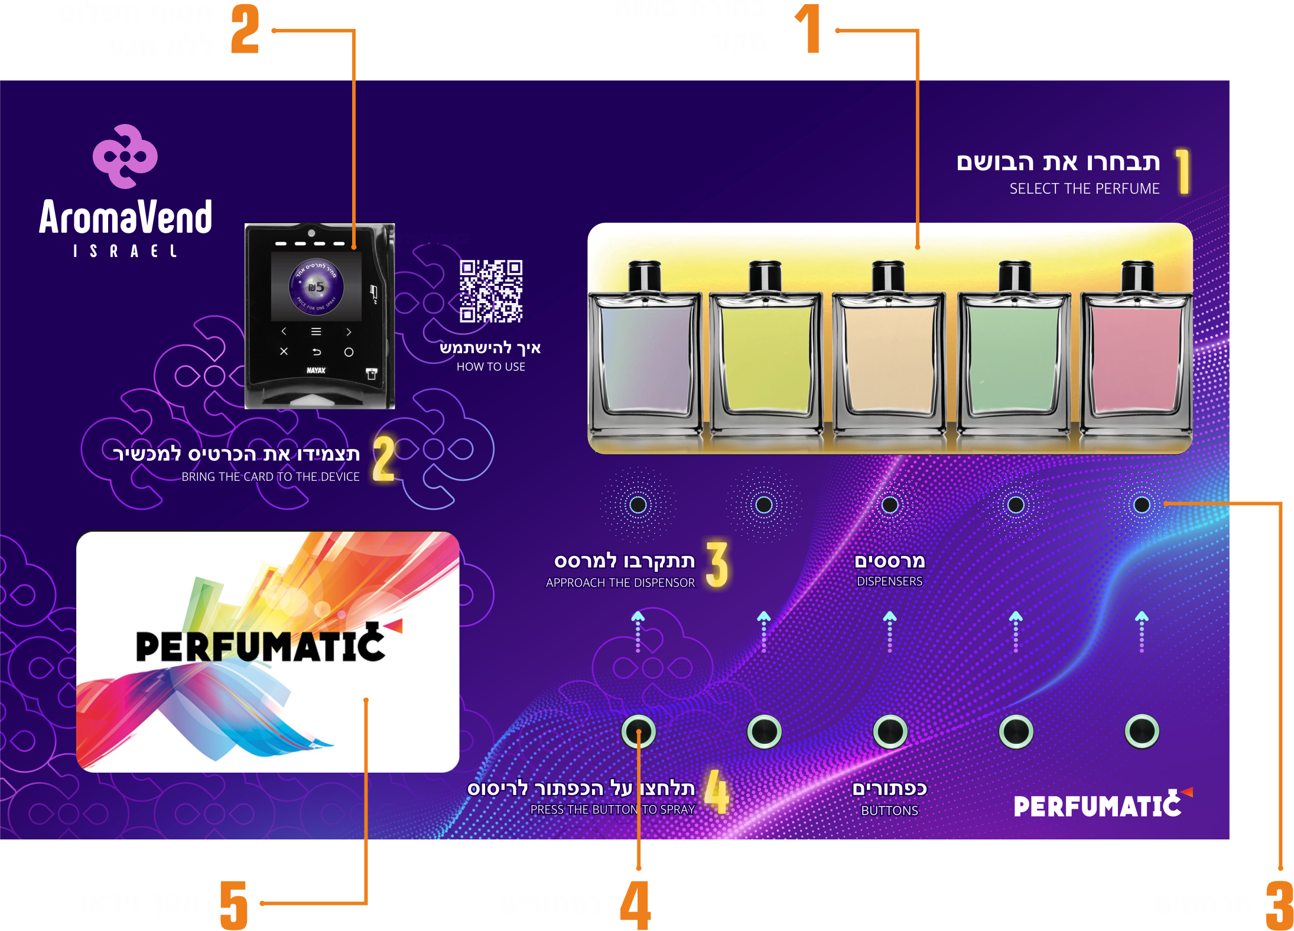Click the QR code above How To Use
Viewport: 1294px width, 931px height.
[491, 291]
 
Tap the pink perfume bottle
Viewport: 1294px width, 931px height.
[1136, 360]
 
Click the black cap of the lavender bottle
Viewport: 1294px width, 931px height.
[645, 276]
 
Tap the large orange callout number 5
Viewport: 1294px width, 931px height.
[234, 904]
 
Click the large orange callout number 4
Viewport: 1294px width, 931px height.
[636, 904]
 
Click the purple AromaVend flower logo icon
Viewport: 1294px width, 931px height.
[125, 156]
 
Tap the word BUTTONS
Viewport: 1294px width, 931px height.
[890, 810]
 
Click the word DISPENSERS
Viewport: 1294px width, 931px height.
[890, 581]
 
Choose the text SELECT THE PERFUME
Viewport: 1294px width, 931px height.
[1084, 189]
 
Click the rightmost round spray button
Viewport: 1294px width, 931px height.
[1142, 731]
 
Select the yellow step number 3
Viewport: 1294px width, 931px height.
[717, 565]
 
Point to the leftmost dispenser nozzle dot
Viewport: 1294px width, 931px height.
[638, 505]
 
